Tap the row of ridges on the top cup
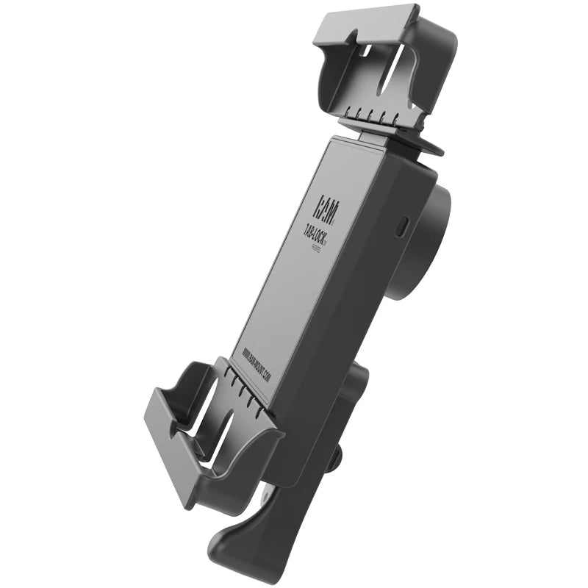[x=375, y=117]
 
